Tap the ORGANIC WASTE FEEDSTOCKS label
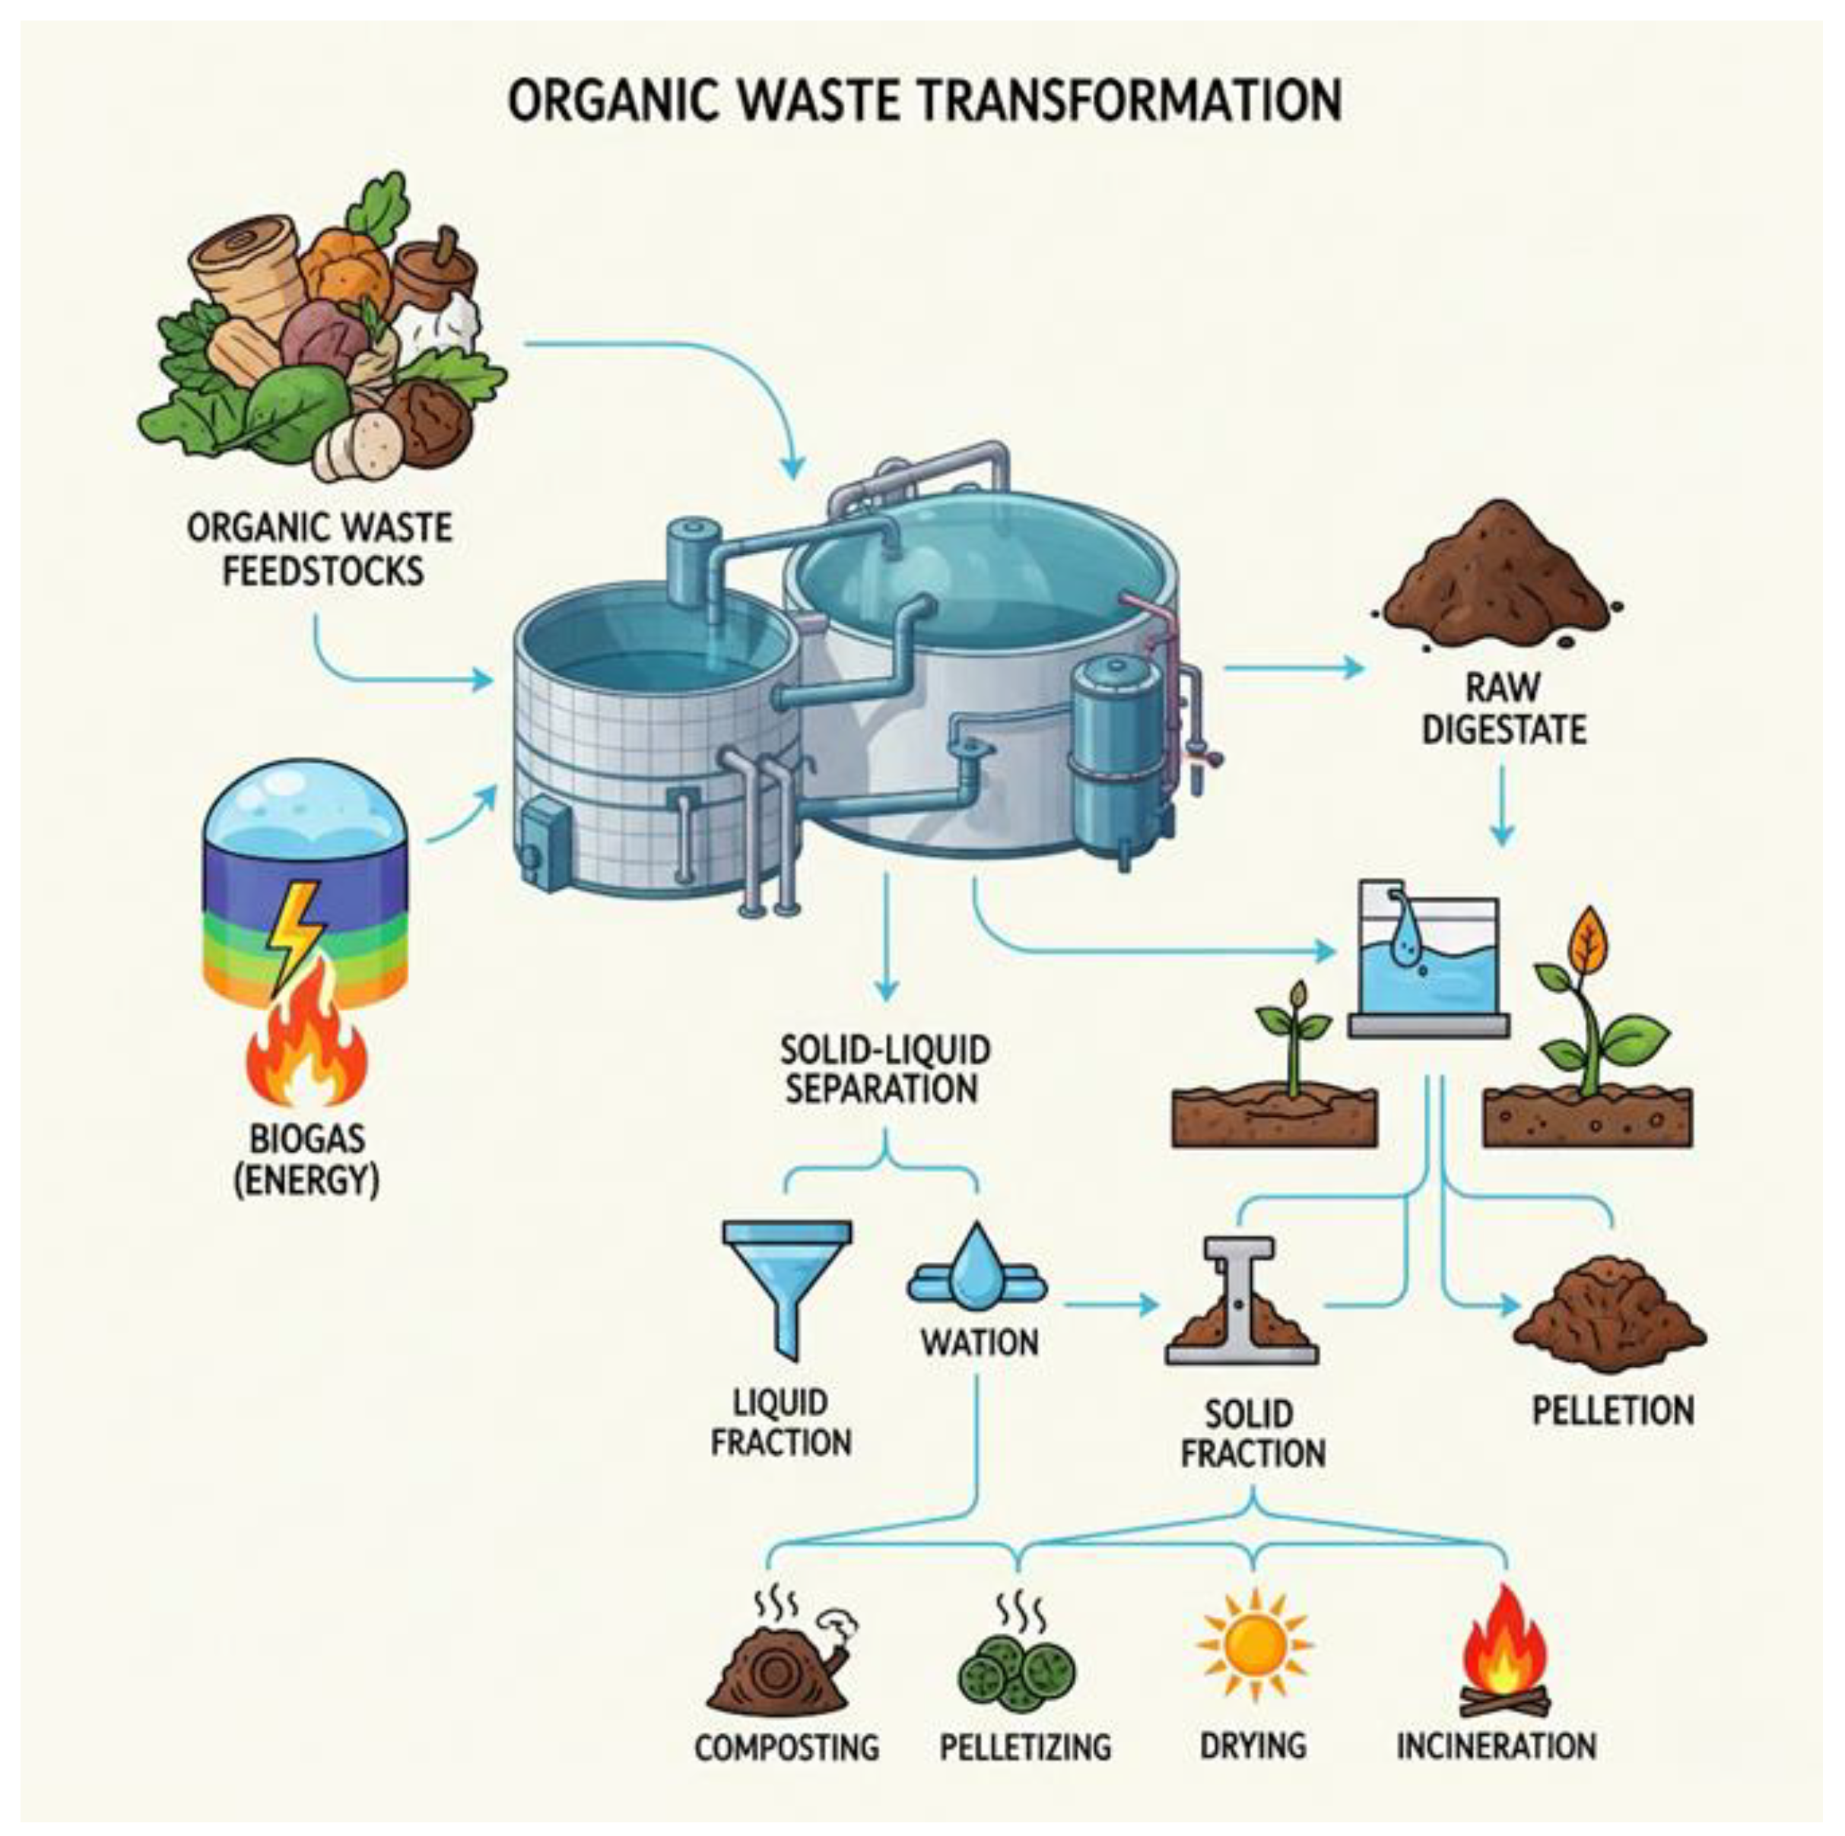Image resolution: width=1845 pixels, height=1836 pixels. [320, 549]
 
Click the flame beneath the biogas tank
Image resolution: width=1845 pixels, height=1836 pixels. [306, 1045]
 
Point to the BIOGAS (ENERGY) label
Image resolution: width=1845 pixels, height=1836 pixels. [306, 1159]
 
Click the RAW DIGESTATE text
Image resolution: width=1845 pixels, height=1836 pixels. [1503, 709]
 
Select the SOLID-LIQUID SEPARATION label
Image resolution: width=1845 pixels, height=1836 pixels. [884, 1070]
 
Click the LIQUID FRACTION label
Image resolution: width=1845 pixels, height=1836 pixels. [780, 1422]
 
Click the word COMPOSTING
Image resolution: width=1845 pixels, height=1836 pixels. [786, 1746]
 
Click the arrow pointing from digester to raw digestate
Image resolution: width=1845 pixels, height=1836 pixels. [1294, 667]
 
